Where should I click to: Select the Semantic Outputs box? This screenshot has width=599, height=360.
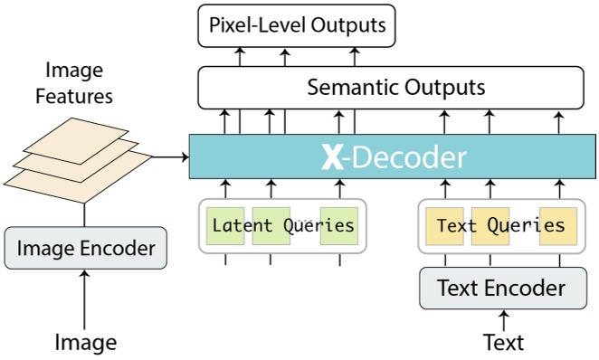click(x=396, y=89)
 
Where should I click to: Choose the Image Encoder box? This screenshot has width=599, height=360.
click(x=86, y=247)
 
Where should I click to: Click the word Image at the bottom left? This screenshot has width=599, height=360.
click(x=86, y=342)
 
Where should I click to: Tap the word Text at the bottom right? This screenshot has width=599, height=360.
click(x=504, y=342)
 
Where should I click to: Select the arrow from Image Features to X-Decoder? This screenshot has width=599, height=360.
click(x=170, y=157)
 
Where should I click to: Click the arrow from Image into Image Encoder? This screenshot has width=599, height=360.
click(x=86, y=298)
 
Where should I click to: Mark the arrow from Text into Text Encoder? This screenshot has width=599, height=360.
click(x=504, y=319)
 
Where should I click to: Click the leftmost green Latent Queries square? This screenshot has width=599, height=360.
click(x=225, y=226)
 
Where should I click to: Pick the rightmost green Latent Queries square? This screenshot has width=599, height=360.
click(x=339, y=226)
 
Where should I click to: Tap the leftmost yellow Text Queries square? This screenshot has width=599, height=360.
click(x=444, y=226)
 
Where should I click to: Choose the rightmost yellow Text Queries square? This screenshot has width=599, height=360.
click(x=558, y=226)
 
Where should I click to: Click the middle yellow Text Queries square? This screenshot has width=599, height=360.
click(x=490, y=226)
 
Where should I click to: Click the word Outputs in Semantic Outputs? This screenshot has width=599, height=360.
click(x=445, y=89)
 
